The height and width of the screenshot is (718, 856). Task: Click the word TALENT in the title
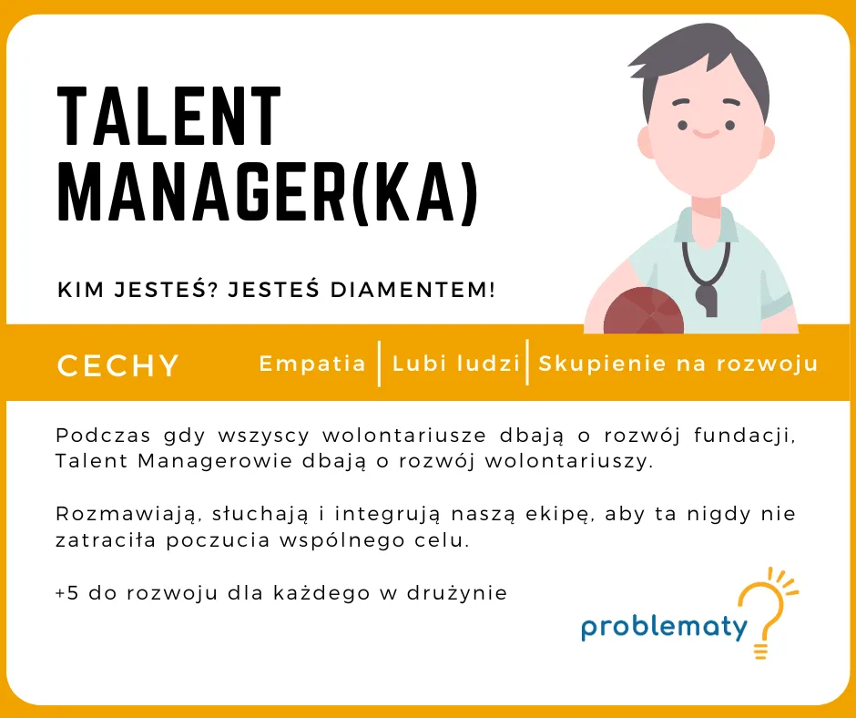(168, 117)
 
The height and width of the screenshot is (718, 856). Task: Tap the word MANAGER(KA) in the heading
(268, 191)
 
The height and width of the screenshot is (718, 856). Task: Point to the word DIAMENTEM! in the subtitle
(413, 290)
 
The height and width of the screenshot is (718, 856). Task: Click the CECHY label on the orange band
(117, 365)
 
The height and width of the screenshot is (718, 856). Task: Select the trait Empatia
(312, 364)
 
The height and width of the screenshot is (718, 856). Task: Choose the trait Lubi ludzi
(456, 364)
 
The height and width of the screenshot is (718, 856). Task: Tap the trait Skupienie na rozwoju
(678, 364)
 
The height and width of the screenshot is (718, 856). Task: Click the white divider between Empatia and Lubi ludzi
(379, 364)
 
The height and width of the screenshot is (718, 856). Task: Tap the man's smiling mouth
(706, 133)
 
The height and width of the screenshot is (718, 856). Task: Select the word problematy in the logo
(664, 627)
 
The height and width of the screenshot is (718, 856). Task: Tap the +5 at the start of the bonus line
(67, 593)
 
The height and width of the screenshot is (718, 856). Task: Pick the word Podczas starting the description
(103, 436)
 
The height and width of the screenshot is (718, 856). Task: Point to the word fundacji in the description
(745, 436)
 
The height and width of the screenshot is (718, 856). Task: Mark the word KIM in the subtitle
(80, 290)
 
